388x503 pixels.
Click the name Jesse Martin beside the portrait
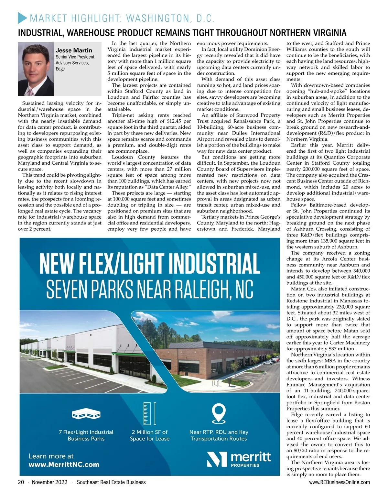tap(74, 50)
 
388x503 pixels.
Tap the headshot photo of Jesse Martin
tap(36, 69)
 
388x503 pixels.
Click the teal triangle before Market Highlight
tap(22, 18)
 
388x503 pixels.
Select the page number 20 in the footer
tap(21, 482)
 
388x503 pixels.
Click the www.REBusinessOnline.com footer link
tap(339, 482)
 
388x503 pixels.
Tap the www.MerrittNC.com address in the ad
tap(64, 465)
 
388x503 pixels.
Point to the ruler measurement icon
tap(149, 413)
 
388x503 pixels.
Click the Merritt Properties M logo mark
tap(217, 459)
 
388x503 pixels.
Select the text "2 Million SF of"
tap(150, 432)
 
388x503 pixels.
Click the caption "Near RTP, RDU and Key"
tap(219, 432)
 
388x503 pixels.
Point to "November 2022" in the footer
tap(49, 482)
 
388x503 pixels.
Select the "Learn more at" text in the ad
tap(51, 456)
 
